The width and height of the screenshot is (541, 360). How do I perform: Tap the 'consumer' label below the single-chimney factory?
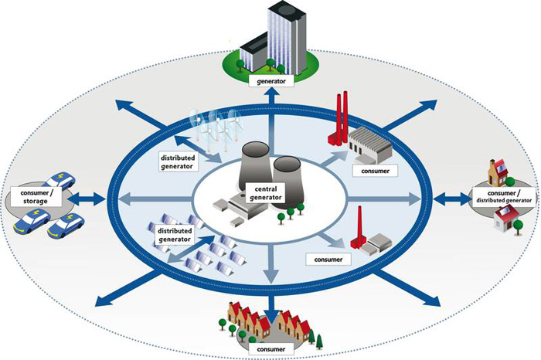[323, 256]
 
